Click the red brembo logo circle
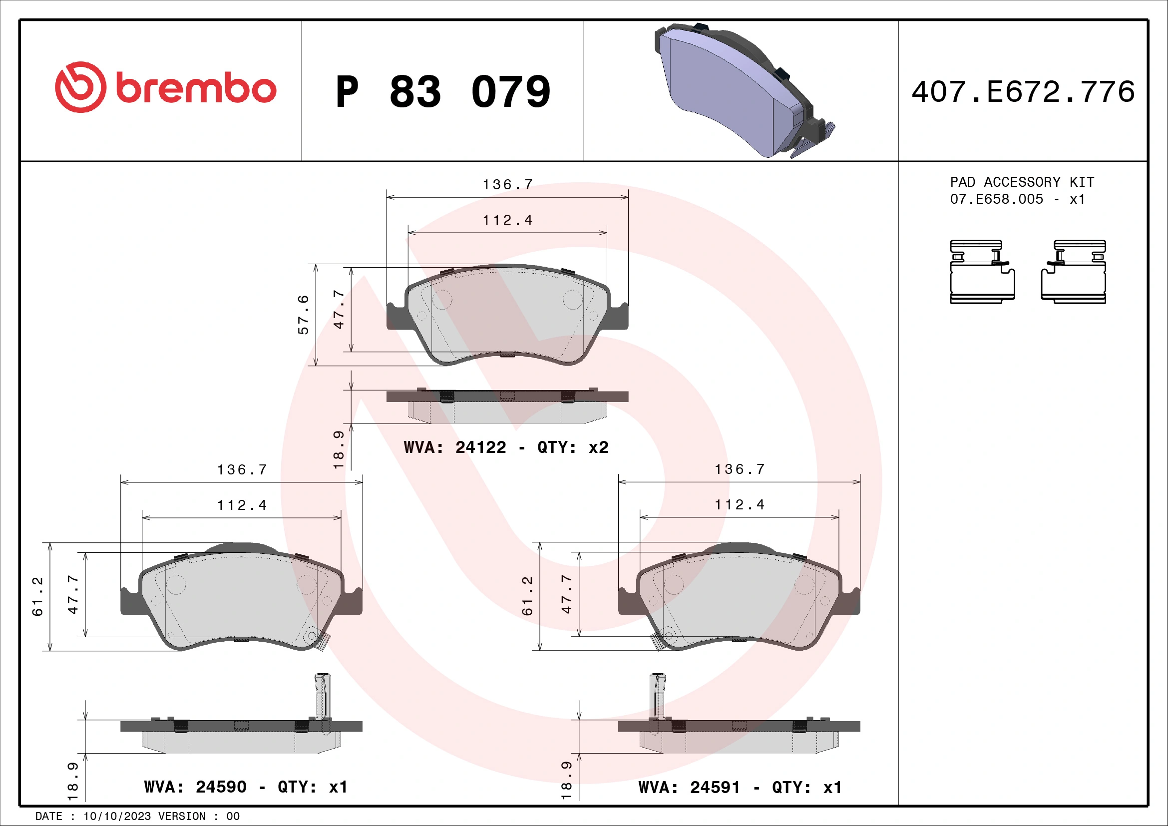tap(80, 87)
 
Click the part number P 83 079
tap(442, 92)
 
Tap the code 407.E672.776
tap(1023, 92)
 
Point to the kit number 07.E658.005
tap(996, 199)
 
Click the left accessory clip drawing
tap(982, 272)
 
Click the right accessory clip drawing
tap(1074, 272)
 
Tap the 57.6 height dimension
tap(303, 314)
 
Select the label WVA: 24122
tap(455, 447)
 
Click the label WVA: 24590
tap(195, 788)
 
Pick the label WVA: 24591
tap(689, 788)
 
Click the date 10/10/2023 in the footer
tap(117, 817)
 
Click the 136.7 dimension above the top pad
tap(507, 185)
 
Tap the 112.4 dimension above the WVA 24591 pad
tap(739, 504)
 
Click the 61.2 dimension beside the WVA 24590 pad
tap(37, 596)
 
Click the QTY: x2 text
tap(573, 447)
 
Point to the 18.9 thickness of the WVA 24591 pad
tap(566, 781)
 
